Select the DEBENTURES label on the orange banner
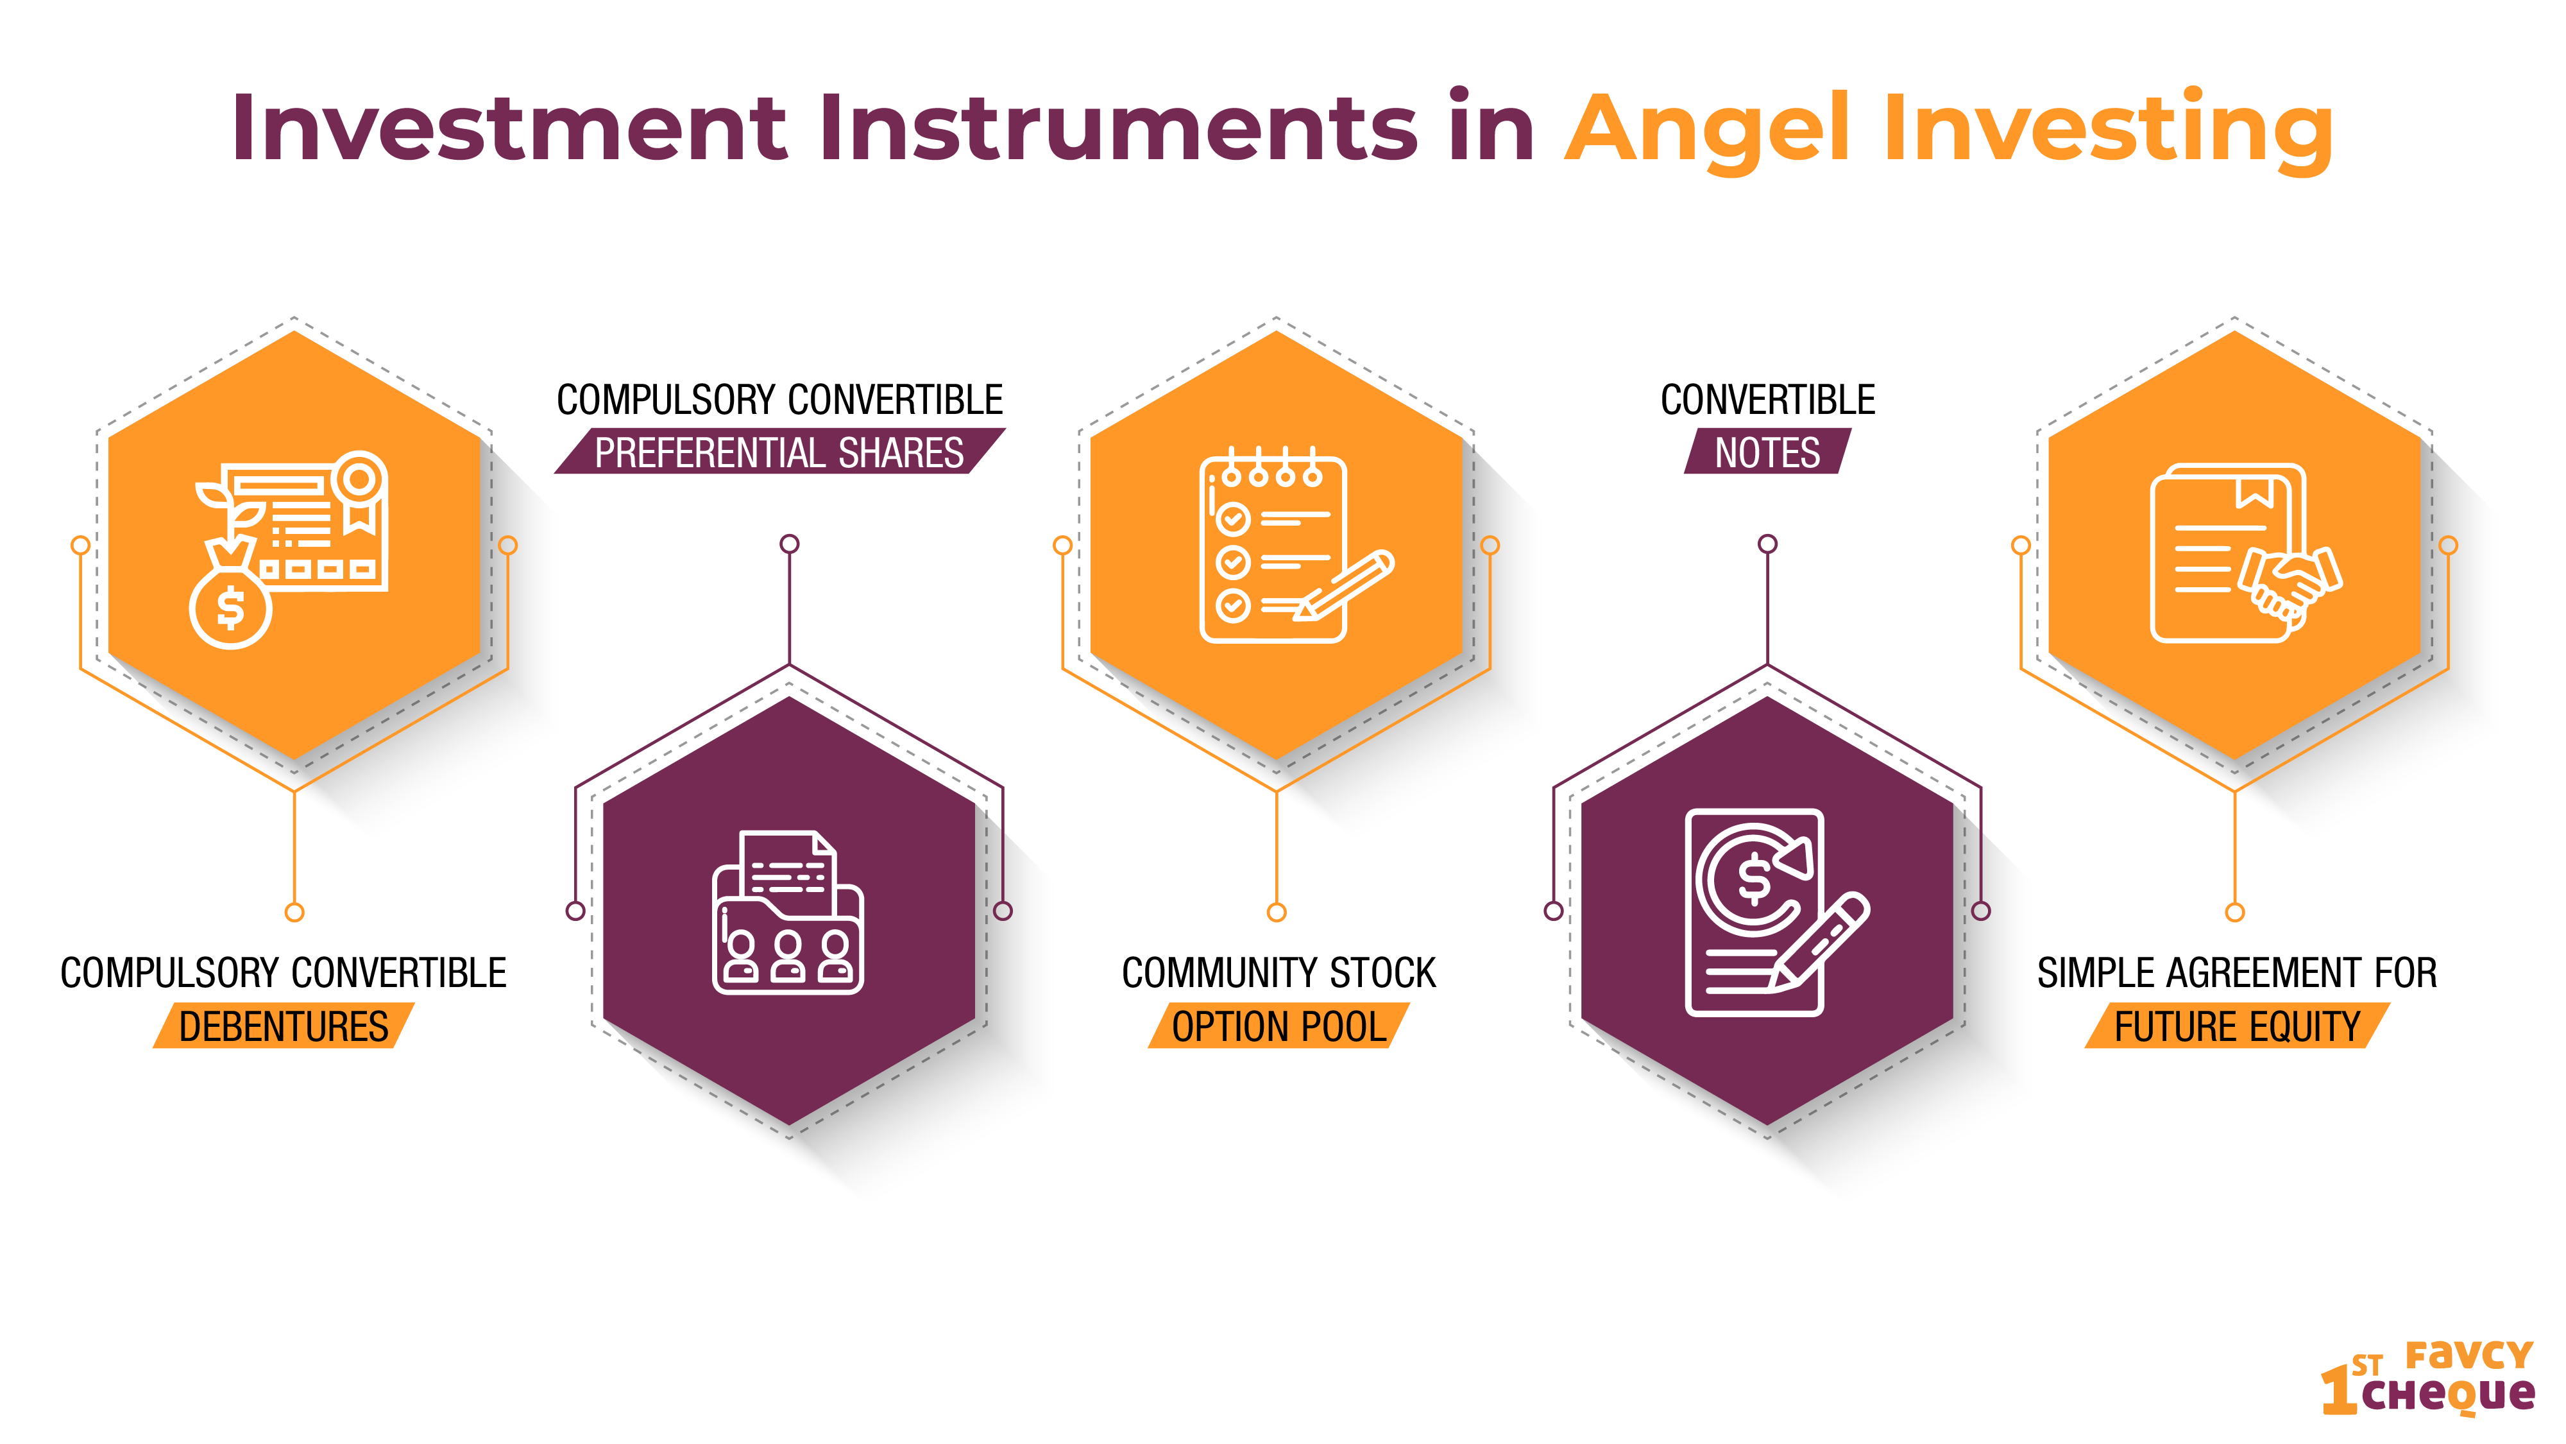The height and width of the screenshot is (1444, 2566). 284,1026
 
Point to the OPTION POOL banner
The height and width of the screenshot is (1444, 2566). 1279,1026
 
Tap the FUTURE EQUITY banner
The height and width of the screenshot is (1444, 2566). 2238,1026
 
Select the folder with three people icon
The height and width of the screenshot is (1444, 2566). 788,912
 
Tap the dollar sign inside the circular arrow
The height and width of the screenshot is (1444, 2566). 1754,880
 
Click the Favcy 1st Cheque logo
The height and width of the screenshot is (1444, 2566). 2427,1379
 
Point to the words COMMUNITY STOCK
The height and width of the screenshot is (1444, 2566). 1279,973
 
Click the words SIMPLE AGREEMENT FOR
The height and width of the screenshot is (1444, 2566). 2238,973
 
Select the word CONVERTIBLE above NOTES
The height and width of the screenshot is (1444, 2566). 1767,400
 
